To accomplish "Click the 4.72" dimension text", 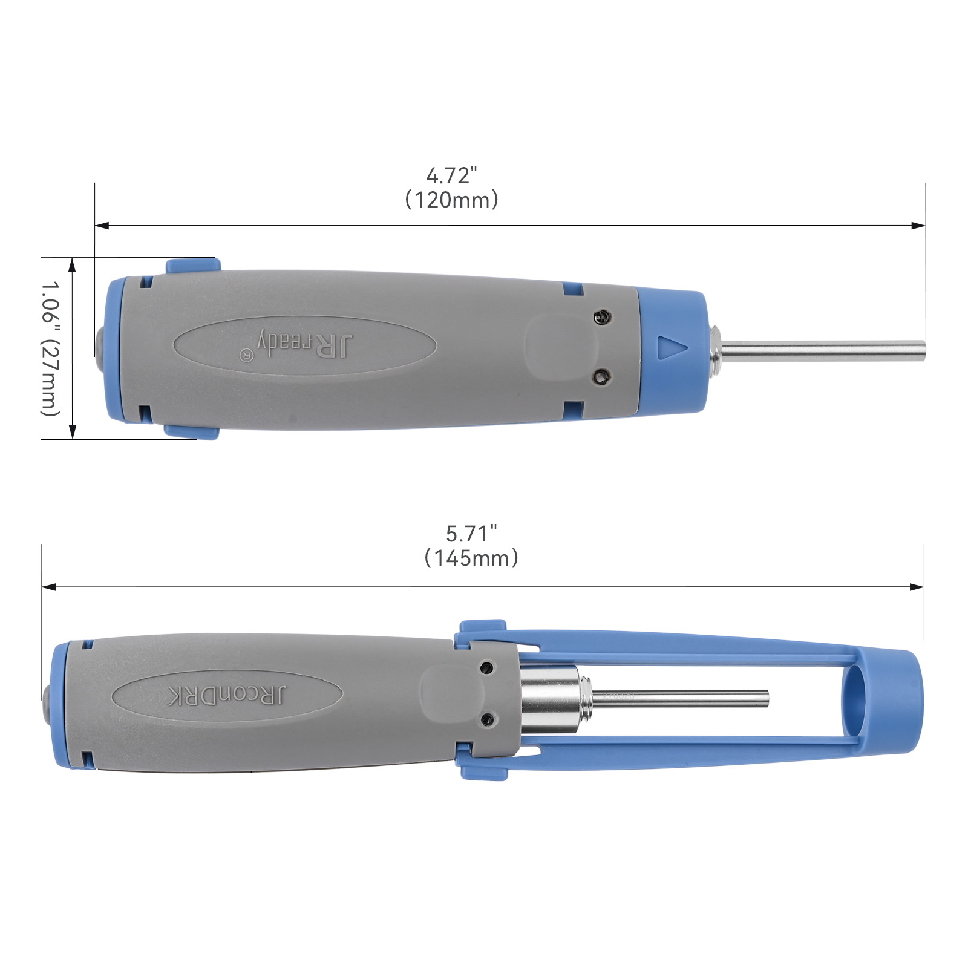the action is coord(452,175).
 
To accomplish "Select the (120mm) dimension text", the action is coord(451,200).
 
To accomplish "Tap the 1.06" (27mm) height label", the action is coord(51,348).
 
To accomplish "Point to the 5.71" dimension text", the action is coord(471,534).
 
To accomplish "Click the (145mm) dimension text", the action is coord(471,558).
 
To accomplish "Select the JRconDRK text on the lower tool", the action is coord(227,696).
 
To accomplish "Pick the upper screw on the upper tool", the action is coord(602,317).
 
